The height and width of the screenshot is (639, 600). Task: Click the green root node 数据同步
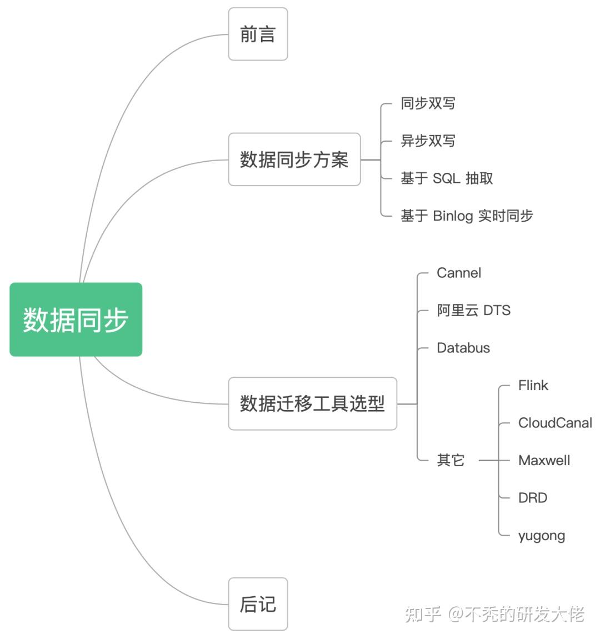click(76, 319)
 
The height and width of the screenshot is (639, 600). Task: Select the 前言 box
click(258, 34)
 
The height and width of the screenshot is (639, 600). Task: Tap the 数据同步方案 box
click(294, 159)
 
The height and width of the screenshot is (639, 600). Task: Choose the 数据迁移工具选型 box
click(312, 403)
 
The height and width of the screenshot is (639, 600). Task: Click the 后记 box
click(258, 604)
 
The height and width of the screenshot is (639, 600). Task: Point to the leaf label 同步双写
click(428, 103)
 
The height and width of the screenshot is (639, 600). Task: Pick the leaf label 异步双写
click(428, 141)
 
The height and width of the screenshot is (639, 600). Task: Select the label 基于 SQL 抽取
click(447, 178)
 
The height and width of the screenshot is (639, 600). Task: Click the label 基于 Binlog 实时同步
click(467, 216)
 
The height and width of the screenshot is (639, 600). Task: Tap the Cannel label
click(459, 273)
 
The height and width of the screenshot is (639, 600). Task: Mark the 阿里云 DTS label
click(473, 310)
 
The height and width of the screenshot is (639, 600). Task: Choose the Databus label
click(463, 348)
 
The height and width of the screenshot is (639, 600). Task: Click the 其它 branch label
click(451, 460)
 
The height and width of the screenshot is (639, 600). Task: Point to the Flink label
click(533, 386)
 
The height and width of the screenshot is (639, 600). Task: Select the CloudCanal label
click(555, 423)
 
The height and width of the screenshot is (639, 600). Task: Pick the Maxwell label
click(544, 460)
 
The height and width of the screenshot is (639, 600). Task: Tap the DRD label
click(532, 498)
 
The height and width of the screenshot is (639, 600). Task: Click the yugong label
click(541, 536)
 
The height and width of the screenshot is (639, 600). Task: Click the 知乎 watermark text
click(423, 614)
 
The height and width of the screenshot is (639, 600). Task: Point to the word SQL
click(446, 178)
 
